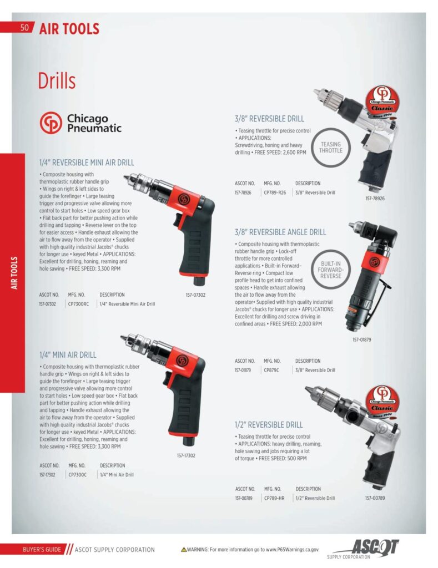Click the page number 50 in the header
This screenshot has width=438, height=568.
[24, 28]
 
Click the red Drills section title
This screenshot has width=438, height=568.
[57, 81]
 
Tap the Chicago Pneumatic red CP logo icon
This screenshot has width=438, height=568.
[51, 123]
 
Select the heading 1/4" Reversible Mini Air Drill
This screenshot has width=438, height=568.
[86, 163]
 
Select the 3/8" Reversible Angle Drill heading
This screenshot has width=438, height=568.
[280, 232]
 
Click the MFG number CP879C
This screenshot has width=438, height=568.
[271, 370]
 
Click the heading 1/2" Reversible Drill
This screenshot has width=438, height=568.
[269, 424]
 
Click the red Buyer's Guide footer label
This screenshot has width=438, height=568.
[38, 550]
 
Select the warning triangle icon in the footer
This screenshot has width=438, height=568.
[184, 550]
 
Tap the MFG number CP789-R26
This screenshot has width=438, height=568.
[275, 192]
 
